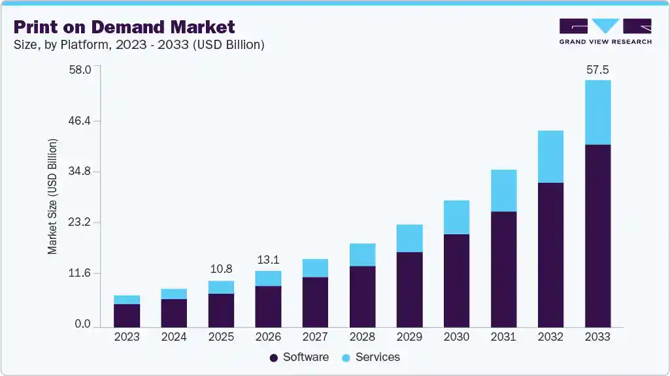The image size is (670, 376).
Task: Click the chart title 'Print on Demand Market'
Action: coord(124,27)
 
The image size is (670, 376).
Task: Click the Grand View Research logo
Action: coord(605,31)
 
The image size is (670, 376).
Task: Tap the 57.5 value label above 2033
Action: coord(597,69)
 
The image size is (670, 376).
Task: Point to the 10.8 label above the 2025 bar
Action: coord(221,269)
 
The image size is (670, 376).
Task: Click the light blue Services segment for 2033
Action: coord(597,112)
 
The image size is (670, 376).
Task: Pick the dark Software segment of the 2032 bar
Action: coord(550,255)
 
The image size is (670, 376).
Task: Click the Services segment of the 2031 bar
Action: coord(503,191)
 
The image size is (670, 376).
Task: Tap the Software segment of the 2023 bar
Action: coord(127,315)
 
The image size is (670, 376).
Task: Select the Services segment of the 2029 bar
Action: coord(409,238)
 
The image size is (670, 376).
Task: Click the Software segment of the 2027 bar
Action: coord(315,302)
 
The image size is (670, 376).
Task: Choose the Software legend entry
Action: coord(299,357)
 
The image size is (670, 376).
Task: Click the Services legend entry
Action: coord(371,357)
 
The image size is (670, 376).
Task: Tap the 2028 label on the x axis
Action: coord(362,337)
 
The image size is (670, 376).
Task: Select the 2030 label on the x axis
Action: coord(456,337)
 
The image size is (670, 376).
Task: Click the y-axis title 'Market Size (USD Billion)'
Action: coord(52,196)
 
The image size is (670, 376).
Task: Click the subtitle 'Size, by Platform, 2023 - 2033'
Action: coord(139,45)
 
